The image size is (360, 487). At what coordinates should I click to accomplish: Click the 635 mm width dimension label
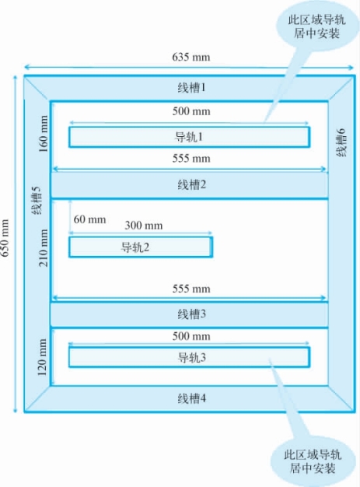click(x=190, y=57)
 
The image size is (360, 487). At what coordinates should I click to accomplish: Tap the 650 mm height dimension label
click(x=5, y=238)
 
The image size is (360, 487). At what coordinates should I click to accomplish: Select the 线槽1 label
click(x=191, y=88)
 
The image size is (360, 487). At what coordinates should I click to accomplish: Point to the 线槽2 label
click(x=191, y=185)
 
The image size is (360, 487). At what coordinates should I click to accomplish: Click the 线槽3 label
click(x=191, y=314)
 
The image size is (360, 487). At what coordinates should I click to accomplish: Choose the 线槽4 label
click(x=191, y=398)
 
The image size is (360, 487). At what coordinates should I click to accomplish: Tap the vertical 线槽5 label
click(x=37, y=201)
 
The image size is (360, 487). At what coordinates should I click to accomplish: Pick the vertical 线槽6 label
click(x=341, y=142)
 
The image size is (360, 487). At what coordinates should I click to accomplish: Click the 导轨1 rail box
click(x=189, y=137)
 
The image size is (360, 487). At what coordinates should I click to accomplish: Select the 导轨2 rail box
click(x=141, y=247)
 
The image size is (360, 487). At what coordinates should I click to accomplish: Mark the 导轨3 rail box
click(x=189, y=358)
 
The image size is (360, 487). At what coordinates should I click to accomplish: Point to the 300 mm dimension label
click(x=144, y=226)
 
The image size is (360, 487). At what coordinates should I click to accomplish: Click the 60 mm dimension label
click(x=89, y=219)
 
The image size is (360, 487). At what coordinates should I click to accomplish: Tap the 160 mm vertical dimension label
click(x=43, y=134)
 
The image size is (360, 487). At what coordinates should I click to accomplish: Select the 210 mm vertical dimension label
click(x=43, y=248)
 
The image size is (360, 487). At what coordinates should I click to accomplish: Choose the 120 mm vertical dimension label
click(x=42, y=357)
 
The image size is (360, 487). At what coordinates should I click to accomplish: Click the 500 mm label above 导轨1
click(x=191, y=111)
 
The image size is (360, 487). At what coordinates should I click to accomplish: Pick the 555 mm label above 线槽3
click(x=191, y=289)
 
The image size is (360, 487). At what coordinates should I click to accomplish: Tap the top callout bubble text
click(x=316, y=26)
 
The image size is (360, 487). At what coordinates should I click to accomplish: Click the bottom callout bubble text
click(x=313, y=461)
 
